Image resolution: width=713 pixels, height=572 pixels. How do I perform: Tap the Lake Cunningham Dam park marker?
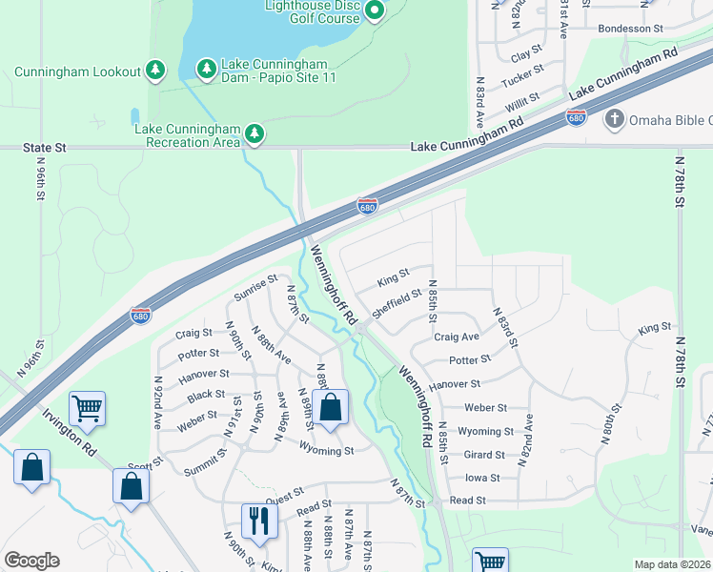point(206,69)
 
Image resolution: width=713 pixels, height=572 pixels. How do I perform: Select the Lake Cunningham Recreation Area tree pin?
point(254,134)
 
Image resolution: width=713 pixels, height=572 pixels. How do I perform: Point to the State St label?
point(46,148)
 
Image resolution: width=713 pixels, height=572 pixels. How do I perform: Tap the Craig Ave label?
point(457,337)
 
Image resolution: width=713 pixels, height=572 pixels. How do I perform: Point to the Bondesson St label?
point(629,29)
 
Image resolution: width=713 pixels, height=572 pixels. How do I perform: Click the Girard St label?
point(484,455)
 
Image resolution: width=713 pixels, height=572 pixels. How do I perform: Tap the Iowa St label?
point(482,477)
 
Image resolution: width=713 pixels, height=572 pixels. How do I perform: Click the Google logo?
point(31,561)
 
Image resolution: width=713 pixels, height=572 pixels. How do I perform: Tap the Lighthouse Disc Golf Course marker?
point(374,11)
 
